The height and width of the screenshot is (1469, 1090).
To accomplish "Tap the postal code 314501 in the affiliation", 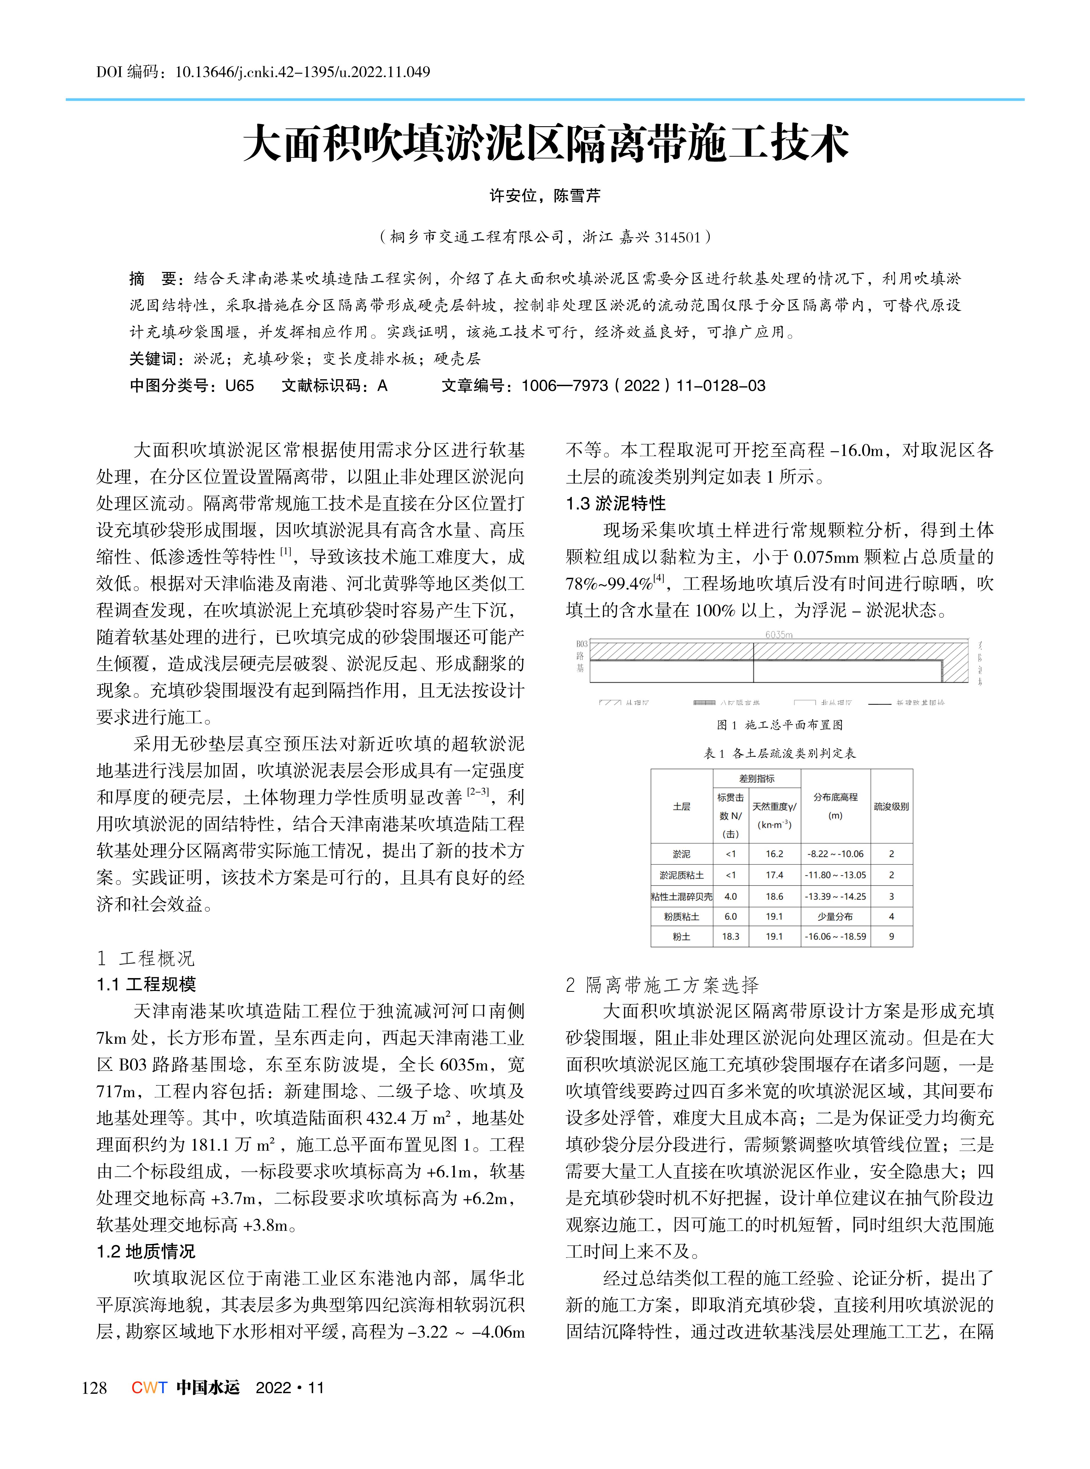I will coord(678,237).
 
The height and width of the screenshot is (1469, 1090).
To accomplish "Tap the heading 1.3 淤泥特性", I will coord(616,504).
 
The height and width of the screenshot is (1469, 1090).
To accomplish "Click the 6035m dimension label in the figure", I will coord(779,634).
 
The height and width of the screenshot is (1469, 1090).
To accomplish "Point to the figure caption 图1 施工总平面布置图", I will coord(779,724).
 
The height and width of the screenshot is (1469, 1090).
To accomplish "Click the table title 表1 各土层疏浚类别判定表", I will coord(779,753).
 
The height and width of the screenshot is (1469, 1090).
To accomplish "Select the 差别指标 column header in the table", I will coord(757,779).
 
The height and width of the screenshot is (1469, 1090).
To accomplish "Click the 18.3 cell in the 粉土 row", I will coord(730,936).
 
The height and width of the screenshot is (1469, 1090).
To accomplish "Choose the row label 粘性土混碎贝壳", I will coord(682,896).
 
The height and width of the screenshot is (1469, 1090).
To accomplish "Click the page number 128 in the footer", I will coord(94,1388).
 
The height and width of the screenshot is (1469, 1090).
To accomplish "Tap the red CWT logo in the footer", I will coord(149,1388).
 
